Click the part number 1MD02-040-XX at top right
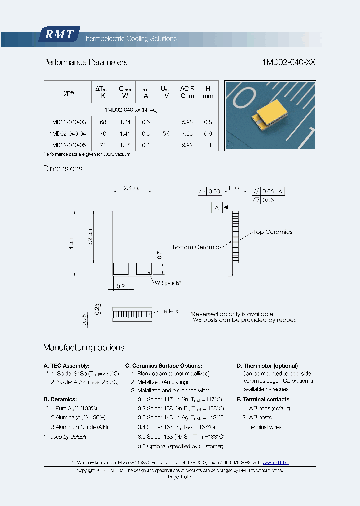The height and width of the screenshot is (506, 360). point(288,63)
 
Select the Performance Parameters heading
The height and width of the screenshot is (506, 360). point(85,63)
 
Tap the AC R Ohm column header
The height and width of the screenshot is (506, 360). point(187,92)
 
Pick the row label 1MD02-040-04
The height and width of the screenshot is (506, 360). point(68,134)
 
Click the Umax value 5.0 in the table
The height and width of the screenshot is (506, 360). point(166,134)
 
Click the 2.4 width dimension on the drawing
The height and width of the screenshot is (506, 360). point(132,188)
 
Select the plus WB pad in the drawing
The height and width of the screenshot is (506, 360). point(121,268)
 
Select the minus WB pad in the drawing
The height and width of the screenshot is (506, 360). point(143,268)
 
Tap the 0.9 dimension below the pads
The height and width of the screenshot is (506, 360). point(120,286)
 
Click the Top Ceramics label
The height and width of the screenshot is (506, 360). point(272,232)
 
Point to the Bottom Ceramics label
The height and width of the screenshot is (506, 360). point(197,247)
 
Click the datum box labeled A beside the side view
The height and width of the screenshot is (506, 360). point(217,207)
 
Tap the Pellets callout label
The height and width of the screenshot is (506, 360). point(169,311)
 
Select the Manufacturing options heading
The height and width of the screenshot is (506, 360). point(84,348)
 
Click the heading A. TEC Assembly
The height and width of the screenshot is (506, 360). point(67,366)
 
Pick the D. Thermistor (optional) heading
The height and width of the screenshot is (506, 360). point(267,366)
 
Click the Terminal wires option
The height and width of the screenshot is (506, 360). point(262,427)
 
